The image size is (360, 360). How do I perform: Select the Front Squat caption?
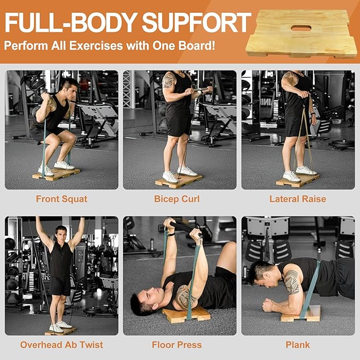click(x=62, y=199)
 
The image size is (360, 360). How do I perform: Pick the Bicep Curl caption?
click(x=177, y=199)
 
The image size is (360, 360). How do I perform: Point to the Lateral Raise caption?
click(x=297, y=199)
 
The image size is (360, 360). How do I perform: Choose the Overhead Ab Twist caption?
click(x=62, y=345)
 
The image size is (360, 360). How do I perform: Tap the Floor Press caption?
click(x=177, y=345)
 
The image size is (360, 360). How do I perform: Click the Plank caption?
click(x=297, y=345)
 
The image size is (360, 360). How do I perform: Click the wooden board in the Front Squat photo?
click(x=56, y=174)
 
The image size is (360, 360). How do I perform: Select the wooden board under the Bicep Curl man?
click(x=179, y=180)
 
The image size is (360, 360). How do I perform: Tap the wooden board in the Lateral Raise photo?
click(x=297, y=180)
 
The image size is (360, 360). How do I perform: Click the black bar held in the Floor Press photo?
click(x=185, y=227)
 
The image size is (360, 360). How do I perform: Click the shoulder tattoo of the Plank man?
click(x=292, y=282)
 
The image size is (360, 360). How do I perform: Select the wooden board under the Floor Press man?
click(x=186, y=314)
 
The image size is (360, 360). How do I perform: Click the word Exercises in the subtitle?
click(x=96, y=46)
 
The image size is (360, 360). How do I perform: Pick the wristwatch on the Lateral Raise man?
click(x=313, y=115)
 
